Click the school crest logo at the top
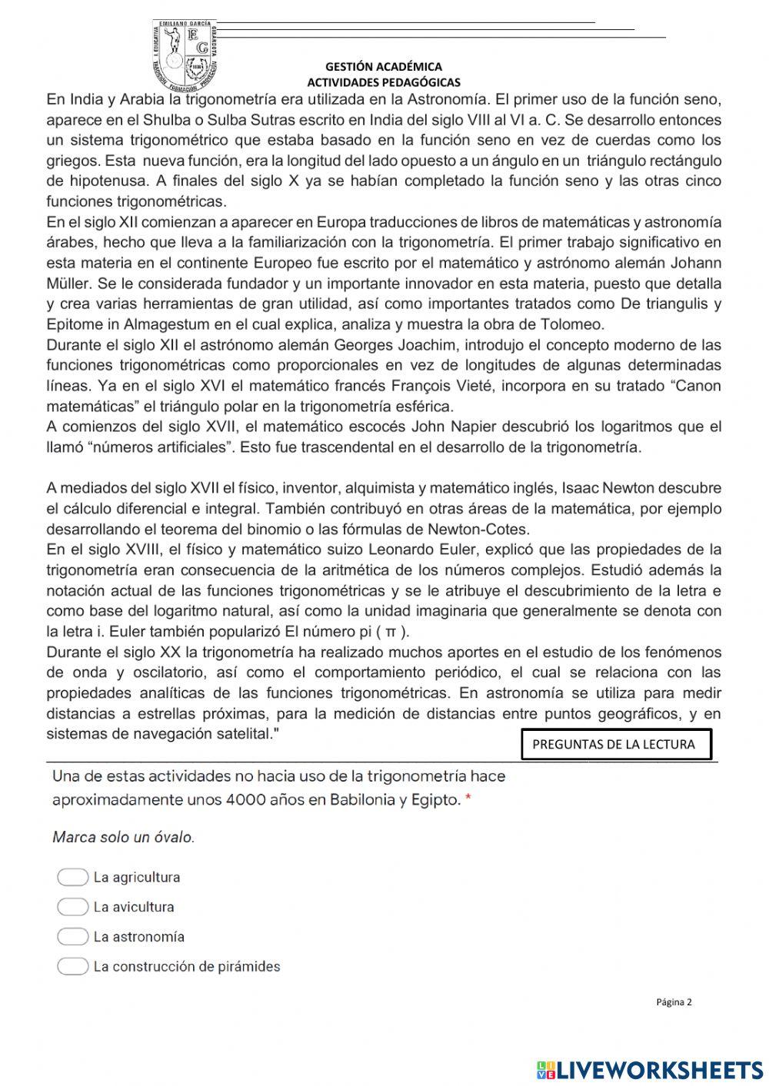pyautogui.click(x=188, y=54)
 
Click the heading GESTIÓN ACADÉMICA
pyautogui.click(x=383, y=67)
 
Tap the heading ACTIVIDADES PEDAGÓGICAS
pyautogui.click(x=384, y=82)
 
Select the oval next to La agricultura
pyautogui.click(x=72, y=877)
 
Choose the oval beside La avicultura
pyautogui.click(x=72, y=907)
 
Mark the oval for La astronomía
pyautogui.click(x=72, y=937)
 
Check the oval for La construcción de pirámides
pyautogui.click(x=72, y=967)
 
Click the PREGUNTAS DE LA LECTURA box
pyautogui.click(x=615, y=744)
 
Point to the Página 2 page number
pyautogui.click(x=674, y=1001)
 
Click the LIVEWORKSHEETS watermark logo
pyautogui.click(x=649, y=1069)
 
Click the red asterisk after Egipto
pyautogui.click(x=468, y=800)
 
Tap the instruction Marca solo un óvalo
pyautogui.click(x=123, y=837)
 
